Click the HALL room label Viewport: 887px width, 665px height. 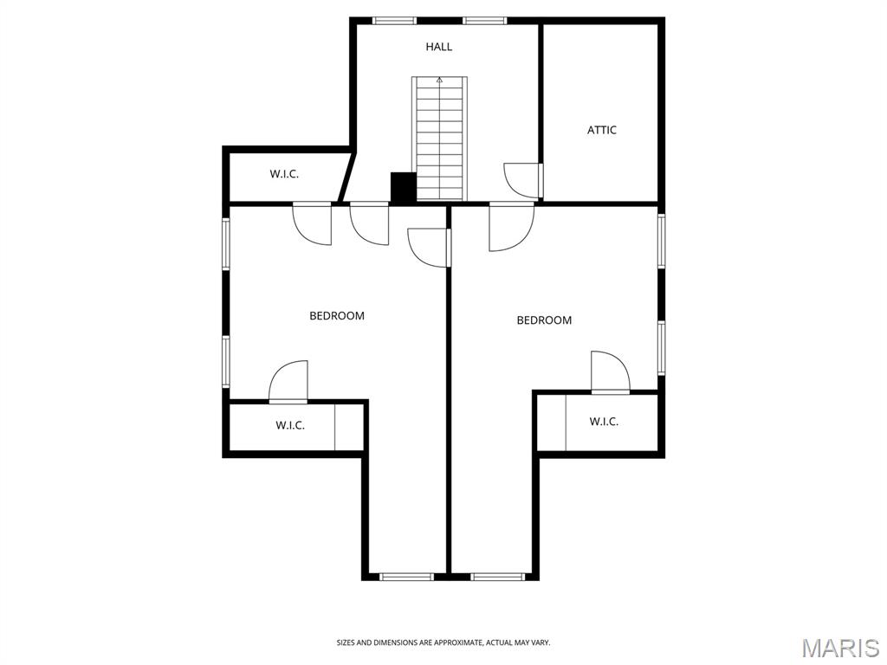pos(439,47)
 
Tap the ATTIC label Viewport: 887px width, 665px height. pos(601,130)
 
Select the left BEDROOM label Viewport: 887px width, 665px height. pos(337,315)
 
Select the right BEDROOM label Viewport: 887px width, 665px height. pos(544,320)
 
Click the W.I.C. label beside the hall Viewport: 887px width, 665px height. pos(284,174)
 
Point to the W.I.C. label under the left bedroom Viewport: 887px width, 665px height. pos(290,425)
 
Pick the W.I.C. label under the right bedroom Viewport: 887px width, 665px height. pos(604,422)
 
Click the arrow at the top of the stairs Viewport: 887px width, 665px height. pos(439,81)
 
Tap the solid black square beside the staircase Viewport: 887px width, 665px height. pos(404,187)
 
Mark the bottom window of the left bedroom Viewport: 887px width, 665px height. pos(406,577)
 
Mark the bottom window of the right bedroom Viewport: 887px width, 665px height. pos(498,577)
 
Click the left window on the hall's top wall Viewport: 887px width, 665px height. pos(394,21)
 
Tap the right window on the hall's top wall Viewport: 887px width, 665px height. pos(484,21)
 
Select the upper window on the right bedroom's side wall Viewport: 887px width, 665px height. pos(661,241)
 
